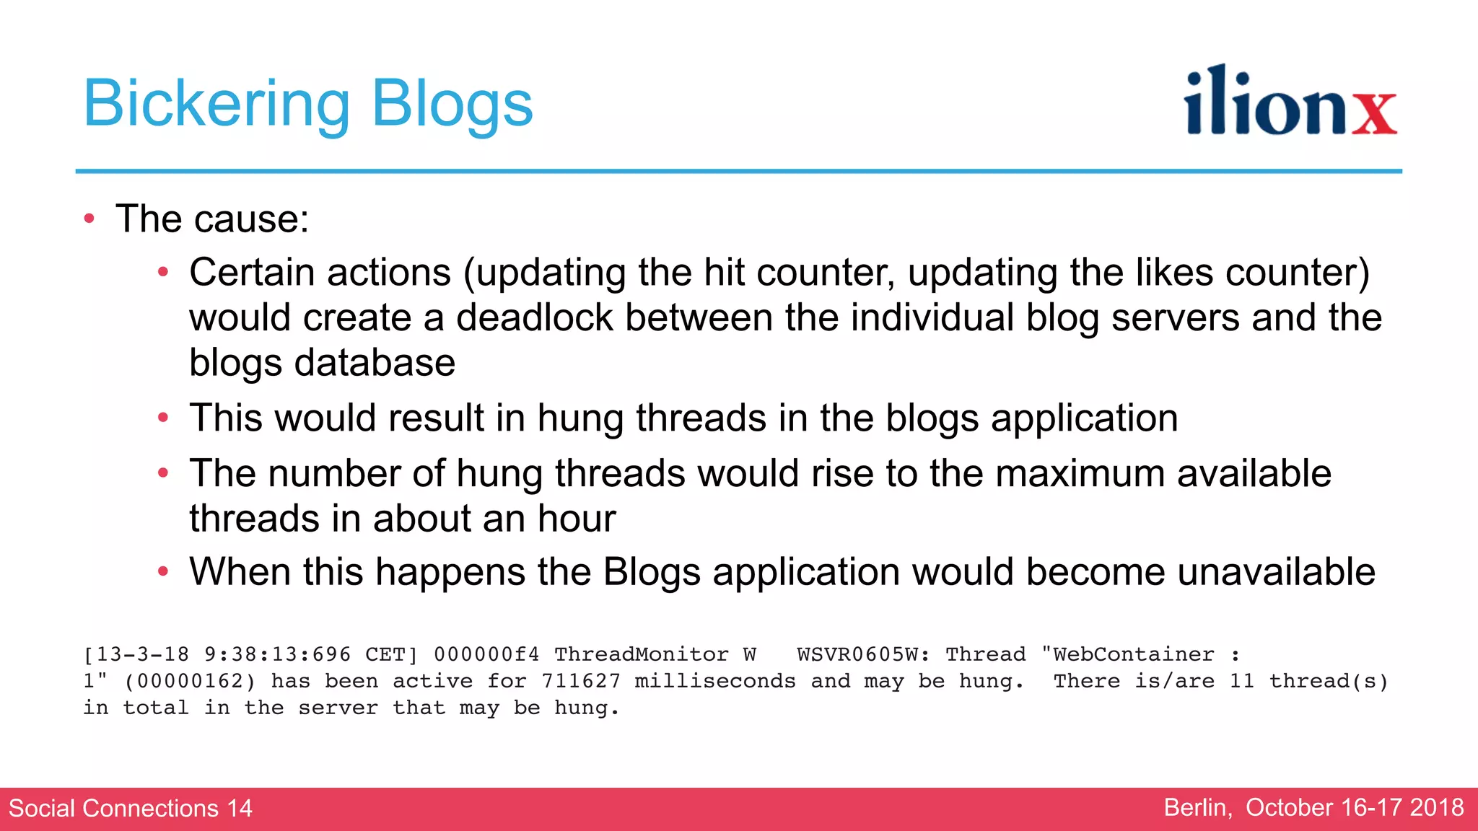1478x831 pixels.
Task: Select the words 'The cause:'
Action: tap(212, 219)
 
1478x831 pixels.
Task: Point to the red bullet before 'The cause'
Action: tap(89, 219)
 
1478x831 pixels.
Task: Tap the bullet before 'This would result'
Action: tap(163, 418)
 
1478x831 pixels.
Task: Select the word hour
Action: tap(577, 519)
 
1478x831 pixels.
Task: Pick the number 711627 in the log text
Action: tap(581, 681)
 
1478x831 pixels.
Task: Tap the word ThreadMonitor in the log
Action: tap(641, 654)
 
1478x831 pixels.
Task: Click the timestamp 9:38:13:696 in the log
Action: tap(277, 654)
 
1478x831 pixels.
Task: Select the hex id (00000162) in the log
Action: tap(191, 681)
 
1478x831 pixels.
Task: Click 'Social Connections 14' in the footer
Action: tap(131, 808)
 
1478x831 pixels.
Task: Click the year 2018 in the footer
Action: tap(1436, 808)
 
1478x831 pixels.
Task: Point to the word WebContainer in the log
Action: tap(1128, 654)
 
